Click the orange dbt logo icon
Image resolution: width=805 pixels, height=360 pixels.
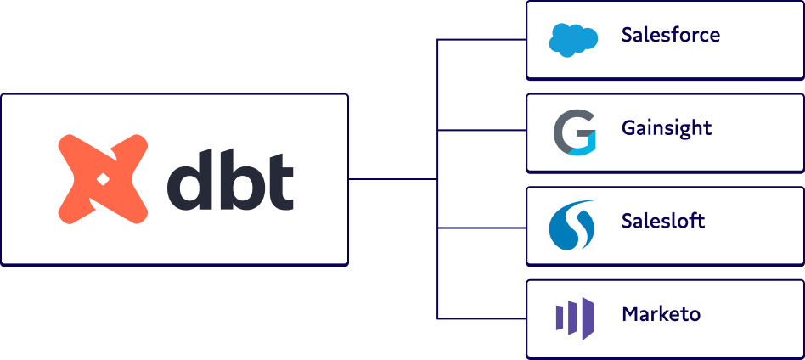tap(100, 179)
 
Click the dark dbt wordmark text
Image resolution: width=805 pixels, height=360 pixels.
tap(230, 180)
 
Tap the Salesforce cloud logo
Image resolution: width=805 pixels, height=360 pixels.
tap(573, 39)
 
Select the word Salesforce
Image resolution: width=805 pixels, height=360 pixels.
tap(670, 36)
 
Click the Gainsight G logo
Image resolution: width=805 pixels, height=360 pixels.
tap(573, 132)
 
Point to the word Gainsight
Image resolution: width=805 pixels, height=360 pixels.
tap(667, 129)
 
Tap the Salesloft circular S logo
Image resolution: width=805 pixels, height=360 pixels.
tap(573, 225)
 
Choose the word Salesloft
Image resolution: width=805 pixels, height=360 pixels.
tap(663, 222)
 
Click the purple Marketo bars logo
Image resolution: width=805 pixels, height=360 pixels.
tap(573, 318)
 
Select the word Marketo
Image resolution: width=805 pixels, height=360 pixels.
tap(661, 314)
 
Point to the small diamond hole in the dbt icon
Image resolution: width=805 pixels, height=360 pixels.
tap(100, 179)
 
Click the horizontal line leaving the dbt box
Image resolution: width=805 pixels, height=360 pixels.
tap(391, 179)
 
